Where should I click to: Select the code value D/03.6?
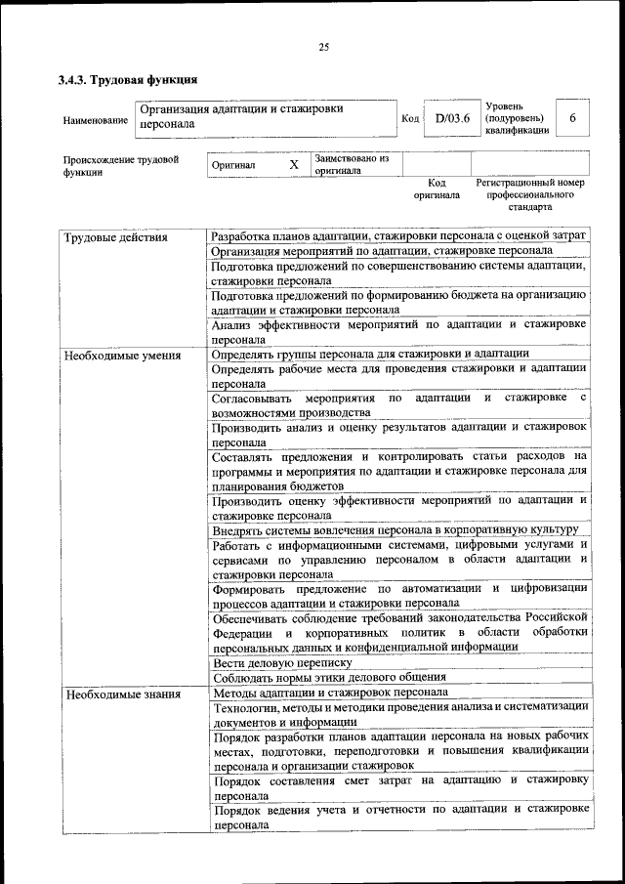pos(453,118)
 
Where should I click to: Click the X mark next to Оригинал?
pos(293,165)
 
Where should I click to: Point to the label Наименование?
pos(96,120)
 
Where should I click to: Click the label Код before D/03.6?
pos(411,119)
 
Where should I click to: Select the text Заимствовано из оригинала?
pos(352,164)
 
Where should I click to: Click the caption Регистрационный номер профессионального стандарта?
pos(530,194)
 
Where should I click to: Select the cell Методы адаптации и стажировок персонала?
pos(330,693)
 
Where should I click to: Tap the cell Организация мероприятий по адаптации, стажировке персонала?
pos(382,251)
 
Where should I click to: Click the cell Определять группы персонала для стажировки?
pos(370,354)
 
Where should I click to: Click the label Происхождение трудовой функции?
pos(121,165)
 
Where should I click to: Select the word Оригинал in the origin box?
pos(234,166)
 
